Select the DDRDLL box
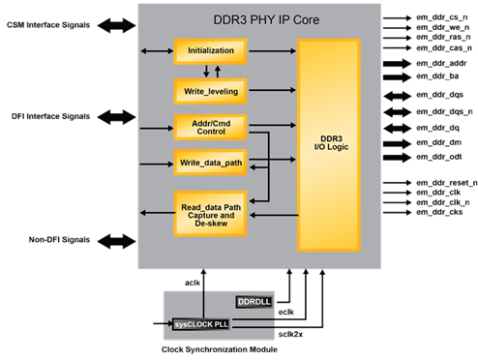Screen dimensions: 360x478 pos(256,303)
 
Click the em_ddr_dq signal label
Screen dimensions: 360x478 pos(439,127)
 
